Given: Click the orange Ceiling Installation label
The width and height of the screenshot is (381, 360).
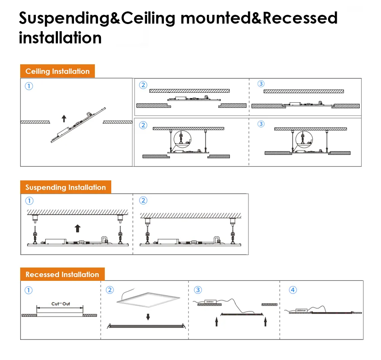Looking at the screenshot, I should point(57,71).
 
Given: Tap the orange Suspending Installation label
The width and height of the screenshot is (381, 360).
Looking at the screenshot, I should point(66,187).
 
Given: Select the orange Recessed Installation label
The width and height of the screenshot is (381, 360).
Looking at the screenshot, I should point(62,274).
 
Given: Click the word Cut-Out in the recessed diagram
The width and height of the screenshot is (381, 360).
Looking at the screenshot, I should point(61,304).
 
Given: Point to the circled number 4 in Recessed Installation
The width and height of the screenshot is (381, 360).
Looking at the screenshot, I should point(293,290).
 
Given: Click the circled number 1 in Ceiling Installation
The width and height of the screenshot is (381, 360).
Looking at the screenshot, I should point(29,86).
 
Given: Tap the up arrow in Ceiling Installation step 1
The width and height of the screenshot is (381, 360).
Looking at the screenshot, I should point(64,118).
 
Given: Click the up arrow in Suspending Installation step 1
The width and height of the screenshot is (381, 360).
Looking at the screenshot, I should point(78,228).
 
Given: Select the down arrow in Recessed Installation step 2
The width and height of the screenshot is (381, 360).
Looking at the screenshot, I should point(148,317).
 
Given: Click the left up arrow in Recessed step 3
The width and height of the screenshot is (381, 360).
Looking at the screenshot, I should point(216,322).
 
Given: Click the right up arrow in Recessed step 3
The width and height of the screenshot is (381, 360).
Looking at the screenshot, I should point(265,322).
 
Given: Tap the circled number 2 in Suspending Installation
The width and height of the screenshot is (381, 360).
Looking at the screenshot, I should point(143,201).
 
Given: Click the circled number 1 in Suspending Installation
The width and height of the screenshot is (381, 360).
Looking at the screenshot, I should point(29,201).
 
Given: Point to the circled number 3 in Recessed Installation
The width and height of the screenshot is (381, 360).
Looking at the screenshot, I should point(198,290).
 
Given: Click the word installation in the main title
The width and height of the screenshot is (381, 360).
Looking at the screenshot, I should point(60,38).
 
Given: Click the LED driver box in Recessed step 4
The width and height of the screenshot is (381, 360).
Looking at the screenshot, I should point(301,310).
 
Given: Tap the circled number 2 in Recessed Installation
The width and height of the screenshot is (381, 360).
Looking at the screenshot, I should point(110,290).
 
